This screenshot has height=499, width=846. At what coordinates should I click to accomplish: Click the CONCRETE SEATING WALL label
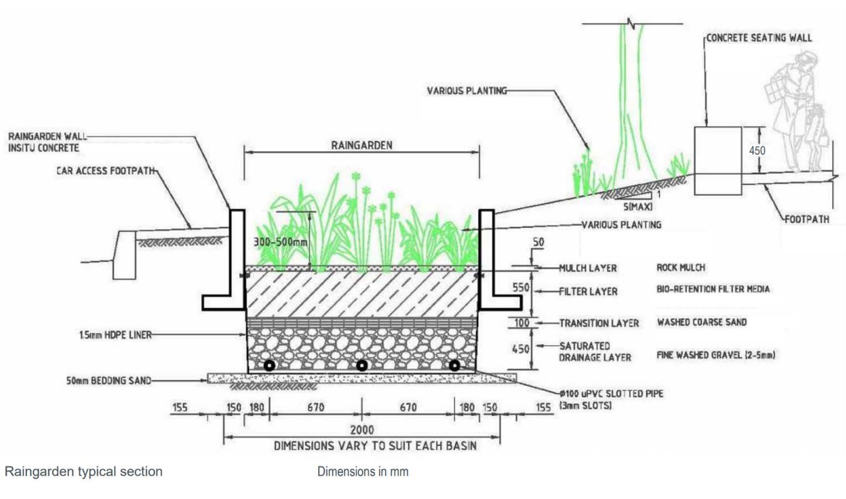tap(759, 38)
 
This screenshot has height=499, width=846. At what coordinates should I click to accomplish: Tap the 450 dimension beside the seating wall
tap(757, 150)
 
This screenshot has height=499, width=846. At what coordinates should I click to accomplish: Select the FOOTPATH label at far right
tap(807, 219)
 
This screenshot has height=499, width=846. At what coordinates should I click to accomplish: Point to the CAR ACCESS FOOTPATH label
tap(106, 170)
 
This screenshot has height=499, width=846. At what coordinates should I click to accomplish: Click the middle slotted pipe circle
tap(361, 366)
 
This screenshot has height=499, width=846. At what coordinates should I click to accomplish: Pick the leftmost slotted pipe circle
tap(269, 366)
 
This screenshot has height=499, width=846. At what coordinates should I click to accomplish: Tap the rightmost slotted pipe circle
tap(454, 366)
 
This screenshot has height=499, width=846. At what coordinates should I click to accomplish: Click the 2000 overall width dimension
tap(362, 429)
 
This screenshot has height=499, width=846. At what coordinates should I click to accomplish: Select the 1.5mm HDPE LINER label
tap(115, 335)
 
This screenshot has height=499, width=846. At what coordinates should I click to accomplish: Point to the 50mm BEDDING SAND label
tap(108, 381)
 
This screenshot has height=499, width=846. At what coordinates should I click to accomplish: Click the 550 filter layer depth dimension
tap(521, 288)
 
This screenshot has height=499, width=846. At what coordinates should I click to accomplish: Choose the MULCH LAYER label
tap(588, 268)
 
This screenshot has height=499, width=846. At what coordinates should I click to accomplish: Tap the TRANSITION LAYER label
tap(599, 323)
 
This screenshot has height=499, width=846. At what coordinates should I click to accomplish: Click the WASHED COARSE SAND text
tap(702, 322)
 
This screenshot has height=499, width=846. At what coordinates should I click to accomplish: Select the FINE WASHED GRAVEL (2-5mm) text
tap(715, 355)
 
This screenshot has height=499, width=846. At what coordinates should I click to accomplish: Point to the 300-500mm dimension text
tap(280, 242)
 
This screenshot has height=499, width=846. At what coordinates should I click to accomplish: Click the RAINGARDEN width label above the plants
tap(362, 145)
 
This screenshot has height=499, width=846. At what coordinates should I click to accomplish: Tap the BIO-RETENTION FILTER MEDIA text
tap(713, 289)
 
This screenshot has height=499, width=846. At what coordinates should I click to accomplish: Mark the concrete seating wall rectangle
tap(718, 160)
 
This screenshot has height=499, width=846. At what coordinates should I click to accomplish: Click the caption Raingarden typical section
tap(84, 471)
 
